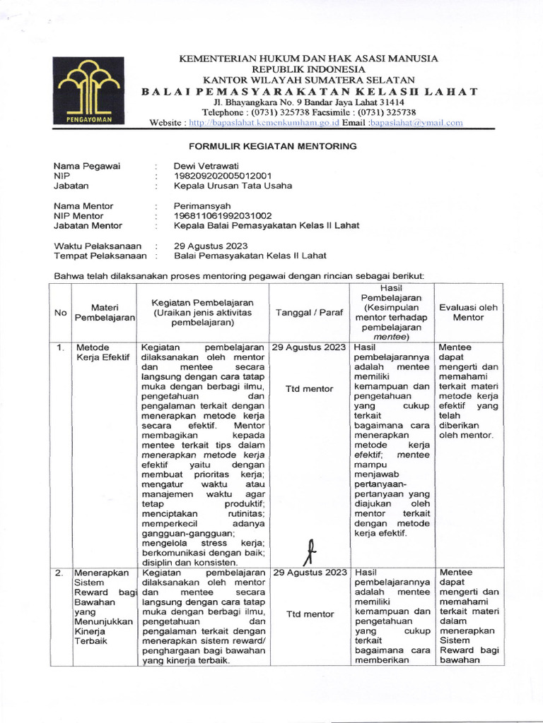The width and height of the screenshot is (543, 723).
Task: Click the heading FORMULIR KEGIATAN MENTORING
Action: coord(272,146)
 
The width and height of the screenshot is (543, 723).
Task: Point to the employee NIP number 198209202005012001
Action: coord(222,176)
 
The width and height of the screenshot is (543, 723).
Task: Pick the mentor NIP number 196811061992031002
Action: coord(222,215)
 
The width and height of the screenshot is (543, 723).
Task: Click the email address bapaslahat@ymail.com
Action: coord(416,122)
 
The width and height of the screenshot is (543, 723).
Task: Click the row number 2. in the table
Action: coord(60,573)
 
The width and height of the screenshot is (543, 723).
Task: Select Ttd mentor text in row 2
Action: coord(309,614)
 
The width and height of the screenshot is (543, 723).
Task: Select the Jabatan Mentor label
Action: coord(88,225)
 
